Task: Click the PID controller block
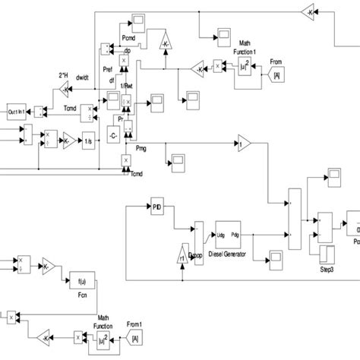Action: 157,206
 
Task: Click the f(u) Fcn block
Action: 78,279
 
